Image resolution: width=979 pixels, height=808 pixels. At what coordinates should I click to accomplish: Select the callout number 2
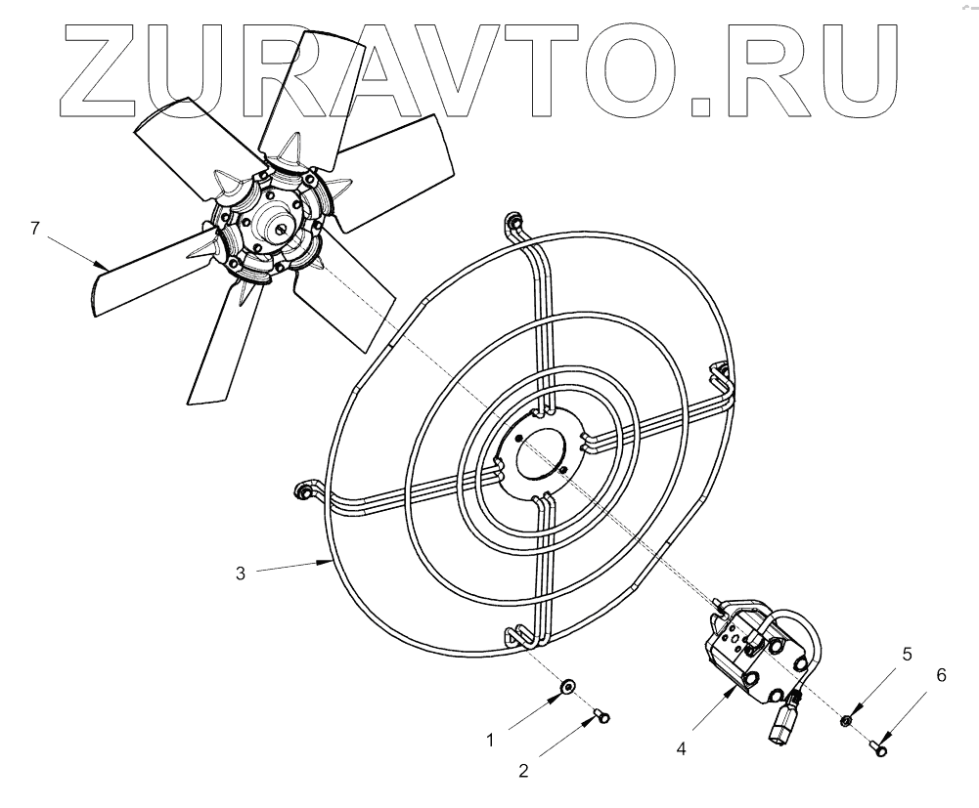(524, 771)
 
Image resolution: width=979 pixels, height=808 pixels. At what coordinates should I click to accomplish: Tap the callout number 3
(240, 574)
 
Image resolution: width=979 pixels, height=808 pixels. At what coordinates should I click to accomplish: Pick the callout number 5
(907, 654)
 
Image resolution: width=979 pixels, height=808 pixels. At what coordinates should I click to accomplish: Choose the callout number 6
(941, 674)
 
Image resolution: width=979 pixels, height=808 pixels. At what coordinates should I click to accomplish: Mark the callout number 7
(35, 229)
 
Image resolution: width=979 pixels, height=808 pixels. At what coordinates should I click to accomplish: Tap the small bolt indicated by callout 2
(601, 718)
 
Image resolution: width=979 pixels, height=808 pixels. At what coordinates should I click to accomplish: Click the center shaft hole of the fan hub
(281, 229)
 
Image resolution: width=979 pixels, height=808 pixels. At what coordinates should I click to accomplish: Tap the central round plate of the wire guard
(533, 449)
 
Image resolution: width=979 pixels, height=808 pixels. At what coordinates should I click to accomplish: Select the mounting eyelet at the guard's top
(512, 225)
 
